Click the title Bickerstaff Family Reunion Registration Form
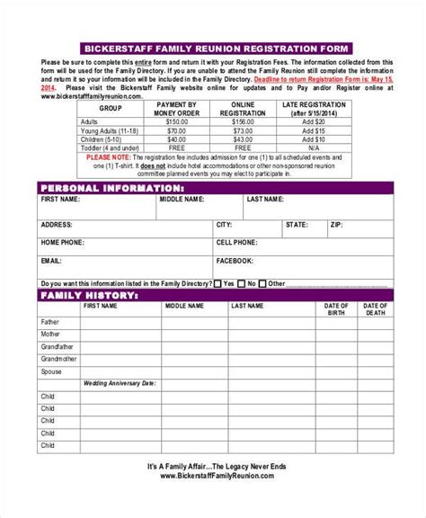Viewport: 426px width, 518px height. click(x=213, y=47)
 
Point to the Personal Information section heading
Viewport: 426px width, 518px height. click(x=112, y=187)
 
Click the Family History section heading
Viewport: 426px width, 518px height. click(x=89, y=294)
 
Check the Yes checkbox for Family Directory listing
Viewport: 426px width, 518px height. click(x=218, y=282)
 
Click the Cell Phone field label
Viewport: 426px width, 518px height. click(x=236, y=242)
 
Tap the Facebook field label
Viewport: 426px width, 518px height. click(x=234, y=260)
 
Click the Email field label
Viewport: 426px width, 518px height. click(x=50, y=260)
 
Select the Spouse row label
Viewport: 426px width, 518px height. click(x=51, y=371)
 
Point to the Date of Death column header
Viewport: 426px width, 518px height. click(x=375, y=309)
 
